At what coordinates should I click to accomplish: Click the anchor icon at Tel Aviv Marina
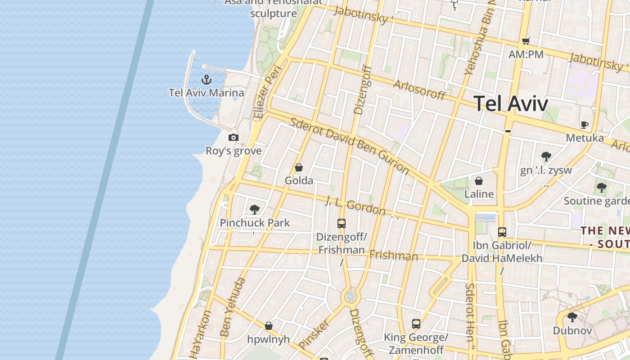[206, 80]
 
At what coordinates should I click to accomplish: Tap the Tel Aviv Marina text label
[207, 93]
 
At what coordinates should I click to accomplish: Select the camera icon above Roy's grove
[233, 138]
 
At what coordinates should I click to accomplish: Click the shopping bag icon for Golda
[298, 168]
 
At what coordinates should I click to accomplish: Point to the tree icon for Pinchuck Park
[255, 210]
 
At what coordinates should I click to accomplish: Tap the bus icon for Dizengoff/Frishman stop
[342, 223]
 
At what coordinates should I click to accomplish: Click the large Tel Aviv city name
[511, 103]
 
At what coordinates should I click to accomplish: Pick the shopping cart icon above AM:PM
[526, 41]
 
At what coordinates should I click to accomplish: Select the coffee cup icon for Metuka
[584, 125]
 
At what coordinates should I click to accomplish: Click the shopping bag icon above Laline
[479, 181]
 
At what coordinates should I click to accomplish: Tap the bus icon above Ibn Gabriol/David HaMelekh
[502, 232]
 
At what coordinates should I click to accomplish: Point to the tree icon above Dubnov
[572, 317]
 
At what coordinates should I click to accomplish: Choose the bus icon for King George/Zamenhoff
[416, 324]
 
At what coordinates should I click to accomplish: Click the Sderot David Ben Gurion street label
[349, 146]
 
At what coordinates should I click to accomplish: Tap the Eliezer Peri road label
[267, 93]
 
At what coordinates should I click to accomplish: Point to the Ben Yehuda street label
[233, 307]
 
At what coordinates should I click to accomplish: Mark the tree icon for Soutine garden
[601, 187]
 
